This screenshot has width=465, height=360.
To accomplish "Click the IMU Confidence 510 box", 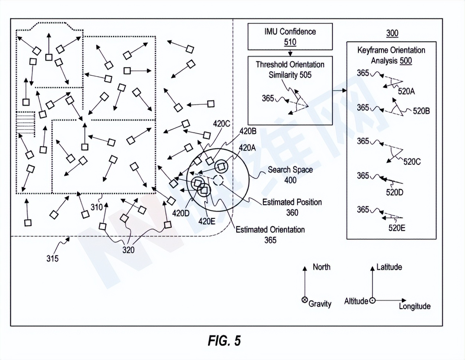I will pos(290,36).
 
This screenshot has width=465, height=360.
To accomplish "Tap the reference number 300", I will pos(392,33).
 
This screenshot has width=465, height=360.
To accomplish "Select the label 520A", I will pos(406,91).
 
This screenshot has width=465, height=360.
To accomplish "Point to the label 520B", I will pos(421,111).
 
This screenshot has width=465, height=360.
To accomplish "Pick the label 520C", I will pos(412,161).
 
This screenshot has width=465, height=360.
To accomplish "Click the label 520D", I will pos(394,192).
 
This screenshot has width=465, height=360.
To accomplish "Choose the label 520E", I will pos(397,228).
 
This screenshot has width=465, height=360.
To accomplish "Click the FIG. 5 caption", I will pos(224,340).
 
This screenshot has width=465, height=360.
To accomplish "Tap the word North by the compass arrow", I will pos(321,267).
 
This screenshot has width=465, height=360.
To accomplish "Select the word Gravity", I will pos(320,304).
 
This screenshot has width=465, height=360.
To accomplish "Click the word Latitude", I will pos(389,267).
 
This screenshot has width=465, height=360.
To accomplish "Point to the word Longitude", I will pos(414,306).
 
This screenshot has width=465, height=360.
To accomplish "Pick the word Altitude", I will pos(356,301).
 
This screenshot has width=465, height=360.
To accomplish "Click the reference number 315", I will pos(52,258).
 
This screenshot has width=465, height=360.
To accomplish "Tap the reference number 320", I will pos(129,250).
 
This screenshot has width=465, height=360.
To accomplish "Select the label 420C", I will pos(221,124).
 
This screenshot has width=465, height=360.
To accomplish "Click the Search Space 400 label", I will pos(290,175).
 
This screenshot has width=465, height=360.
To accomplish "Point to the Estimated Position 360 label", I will pos(292,207).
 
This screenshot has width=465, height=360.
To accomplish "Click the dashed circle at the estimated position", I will pos(218,180).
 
